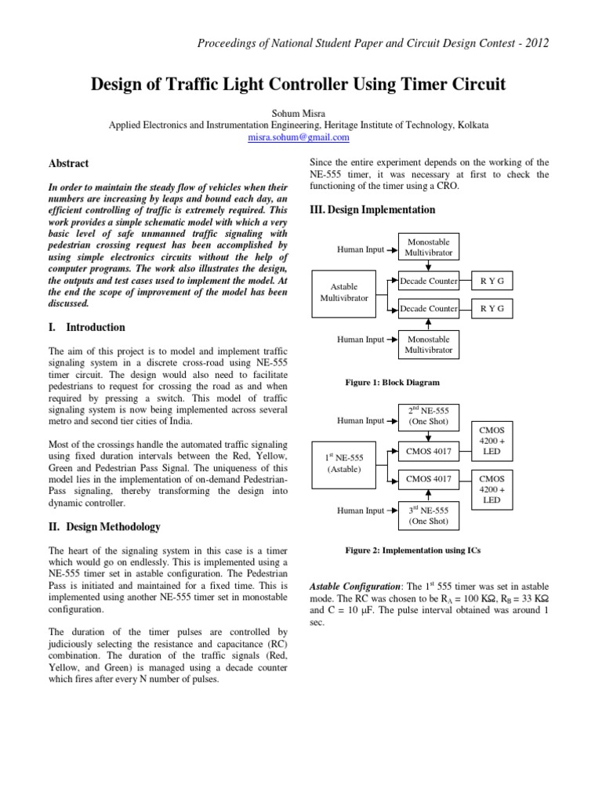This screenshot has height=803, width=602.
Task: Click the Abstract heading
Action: click(x=70, y=164)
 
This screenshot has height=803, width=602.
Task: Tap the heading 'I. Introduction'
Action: click(x=89, y=327)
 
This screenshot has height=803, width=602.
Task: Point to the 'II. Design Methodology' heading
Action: click(x=105, y=526)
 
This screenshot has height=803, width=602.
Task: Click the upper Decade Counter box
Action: click(x=429, y=280)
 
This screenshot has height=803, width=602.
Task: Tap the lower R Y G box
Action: click(x=492, y=309)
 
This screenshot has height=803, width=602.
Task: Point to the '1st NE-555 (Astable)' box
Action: click(x=344, y=463)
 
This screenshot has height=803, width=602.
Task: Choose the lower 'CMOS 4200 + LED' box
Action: click(x=492, y=489)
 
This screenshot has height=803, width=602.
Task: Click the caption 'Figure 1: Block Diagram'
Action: click(x=392, y=382)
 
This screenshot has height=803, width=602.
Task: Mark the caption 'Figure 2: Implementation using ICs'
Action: click(x=412, y=550)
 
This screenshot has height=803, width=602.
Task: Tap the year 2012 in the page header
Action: click(x=533, y=42)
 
